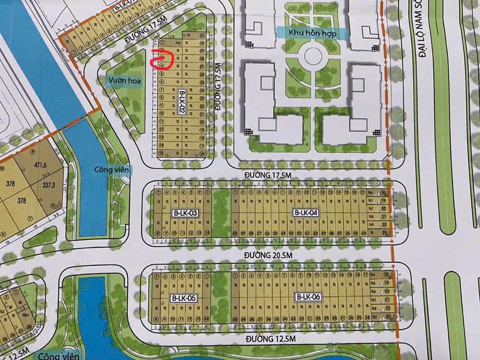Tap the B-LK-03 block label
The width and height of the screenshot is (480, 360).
click(x=185, y=213)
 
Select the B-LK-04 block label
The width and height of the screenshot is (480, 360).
click(x=306, y=213)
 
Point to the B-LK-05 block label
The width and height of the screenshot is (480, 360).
click(x=184, y=298)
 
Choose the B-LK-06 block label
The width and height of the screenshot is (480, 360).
click(x=308, y=297)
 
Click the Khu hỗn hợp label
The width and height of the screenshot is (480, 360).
click(x=312, y=33)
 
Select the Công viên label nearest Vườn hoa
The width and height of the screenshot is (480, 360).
click(x=112, y=170)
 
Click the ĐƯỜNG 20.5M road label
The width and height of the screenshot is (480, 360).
click(x=267, y=255)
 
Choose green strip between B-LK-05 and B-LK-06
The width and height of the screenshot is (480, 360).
click(x=221, y=297)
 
